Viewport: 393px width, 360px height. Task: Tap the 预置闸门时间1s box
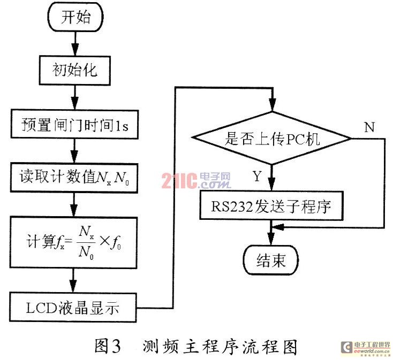tap(74, 126)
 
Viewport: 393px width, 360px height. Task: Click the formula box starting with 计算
tap(74, 241)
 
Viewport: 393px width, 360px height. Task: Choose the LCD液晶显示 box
tap(74, 308)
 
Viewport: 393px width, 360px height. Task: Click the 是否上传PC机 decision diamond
tap(273, 139)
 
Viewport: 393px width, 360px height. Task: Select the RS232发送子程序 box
tap(272, 204)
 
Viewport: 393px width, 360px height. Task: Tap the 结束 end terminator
tap(272, 260)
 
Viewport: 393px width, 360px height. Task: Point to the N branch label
tap(369, 127)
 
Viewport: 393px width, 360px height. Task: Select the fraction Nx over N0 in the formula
tap(84, 241)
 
